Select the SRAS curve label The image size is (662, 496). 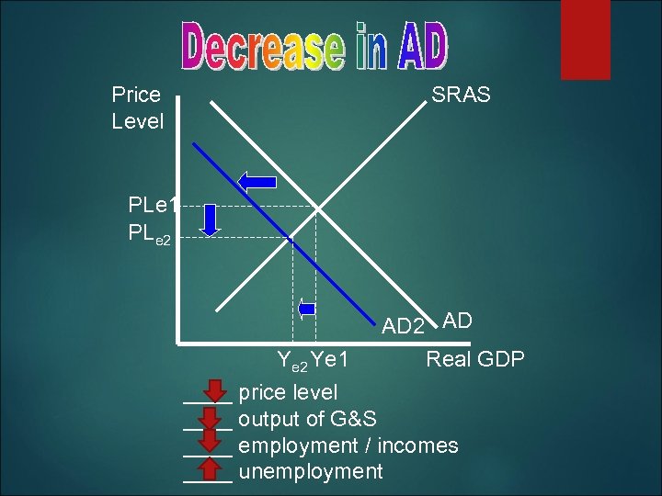click(461, 95)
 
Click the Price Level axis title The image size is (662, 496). click(137, 107)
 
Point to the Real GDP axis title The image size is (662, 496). click(474, 358)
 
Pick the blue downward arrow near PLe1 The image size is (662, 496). click(211, 220)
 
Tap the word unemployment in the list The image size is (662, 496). click(310, 472)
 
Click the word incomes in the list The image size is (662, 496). click(416, 445)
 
